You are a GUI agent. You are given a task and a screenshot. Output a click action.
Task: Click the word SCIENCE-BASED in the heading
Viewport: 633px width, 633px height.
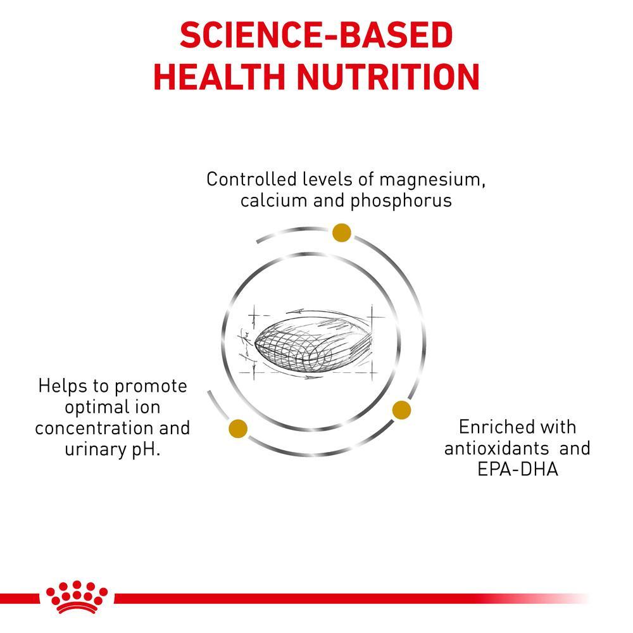(x=316, y=36)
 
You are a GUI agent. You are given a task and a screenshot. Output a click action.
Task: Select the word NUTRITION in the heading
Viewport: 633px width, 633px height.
(x=389, y=77)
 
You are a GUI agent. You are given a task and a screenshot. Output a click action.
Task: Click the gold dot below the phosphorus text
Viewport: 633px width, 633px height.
(x=342, y=233)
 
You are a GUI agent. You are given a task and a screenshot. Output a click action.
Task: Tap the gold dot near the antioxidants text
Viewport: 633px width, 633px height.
(x=401, y=410)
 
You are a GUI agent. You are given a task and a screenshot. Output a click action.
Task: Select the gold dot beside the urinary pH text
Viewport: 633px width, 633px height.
(x=238, y=429)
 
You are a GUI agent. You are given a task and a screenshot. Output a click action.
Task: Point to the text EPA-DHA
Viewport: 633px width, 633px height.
(x=517, y=470)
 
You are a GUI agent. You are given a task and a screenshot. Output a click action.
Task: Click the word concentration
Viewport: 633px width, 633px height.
(x=94, y=428)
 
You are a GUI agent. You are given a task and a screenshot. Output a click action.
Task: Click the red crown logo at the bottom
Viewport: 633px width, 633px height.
(x=77, y=596)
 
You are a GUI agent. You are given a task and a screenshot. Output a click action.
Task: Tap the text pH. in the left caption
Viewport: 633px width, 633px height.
(x=145, y=450)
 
